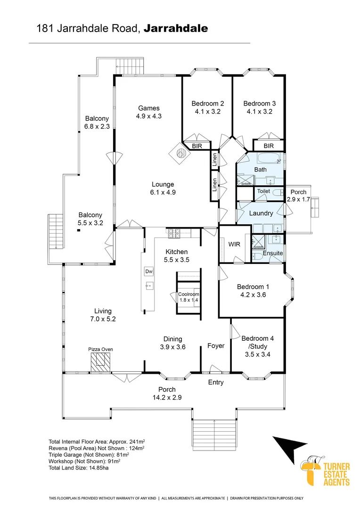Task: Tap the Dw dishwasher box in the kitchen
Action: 149,271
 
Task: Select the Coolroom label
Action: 188,294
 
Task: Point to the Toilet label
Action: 263,192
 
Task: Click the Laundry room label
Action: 261,213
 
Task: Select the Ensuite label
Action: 273,253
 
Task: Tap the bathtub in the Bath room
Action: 260,158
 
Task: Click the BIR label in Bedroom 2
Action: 196,147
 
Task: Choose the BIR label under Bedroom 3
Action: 269,147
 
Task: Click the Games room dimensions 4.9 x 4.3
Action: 148,116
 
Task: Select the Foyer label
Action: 216,345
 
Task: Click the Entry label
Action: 216,382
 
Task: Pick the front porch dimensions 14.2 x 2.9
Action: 167,397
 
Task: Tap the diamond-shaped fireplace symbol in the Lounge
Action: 181,152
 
